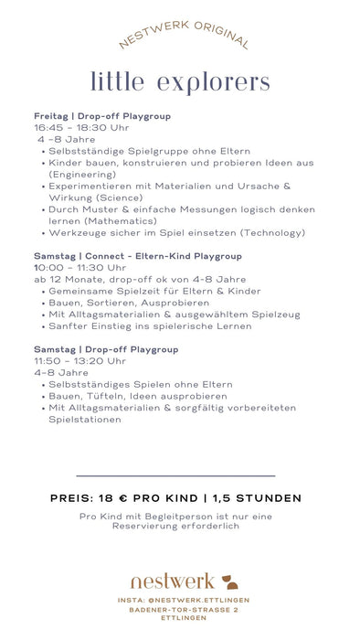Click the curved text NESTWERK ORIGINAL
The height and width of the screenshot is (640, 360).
(x=183, y=35)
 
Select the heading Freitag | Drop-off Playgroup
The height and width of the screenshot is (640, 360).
(x=102, y=116)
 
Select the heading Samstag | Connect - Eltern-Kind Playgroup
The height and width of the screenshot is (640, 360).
(x=138, y=256)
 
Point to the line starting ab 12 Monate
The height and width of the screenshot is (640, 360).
(x=140, y=280)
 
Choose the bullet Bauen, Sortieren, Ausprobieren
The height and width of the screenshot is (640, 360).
(x=122, y=303)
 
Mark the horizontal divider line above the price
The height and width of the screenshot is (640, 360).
(x=175, y=475)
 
